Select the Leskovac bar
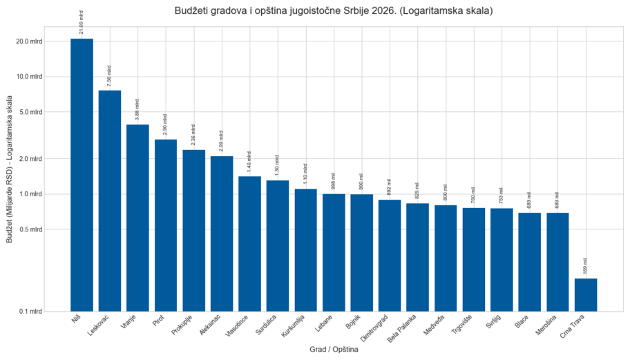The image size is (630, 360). (x=110, y=200)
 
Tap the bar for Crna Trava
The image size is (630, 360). (x=585, y=294)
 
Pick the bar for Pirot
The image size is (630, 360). (x=166, y=225)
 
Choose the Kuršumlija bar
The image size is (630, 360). (x=305, y=249)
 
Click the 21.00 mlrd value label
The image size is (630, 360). (x=82, y=22)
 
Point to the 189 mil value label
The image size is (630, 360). (x=585, y=266)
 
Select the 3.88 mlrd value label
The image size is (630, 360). (x=137, y=109)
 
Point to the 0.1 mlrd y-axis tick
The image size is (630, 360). (x=30, y=312)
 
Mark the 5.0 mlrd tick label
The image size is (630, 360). (x=30, y=112)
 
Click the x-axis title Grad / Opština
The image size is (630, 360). (x=334, y=350)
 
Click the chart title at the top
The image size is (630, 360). (x=334, y=11)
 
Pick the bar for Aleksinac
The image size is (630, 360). (x=222, y=234)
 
